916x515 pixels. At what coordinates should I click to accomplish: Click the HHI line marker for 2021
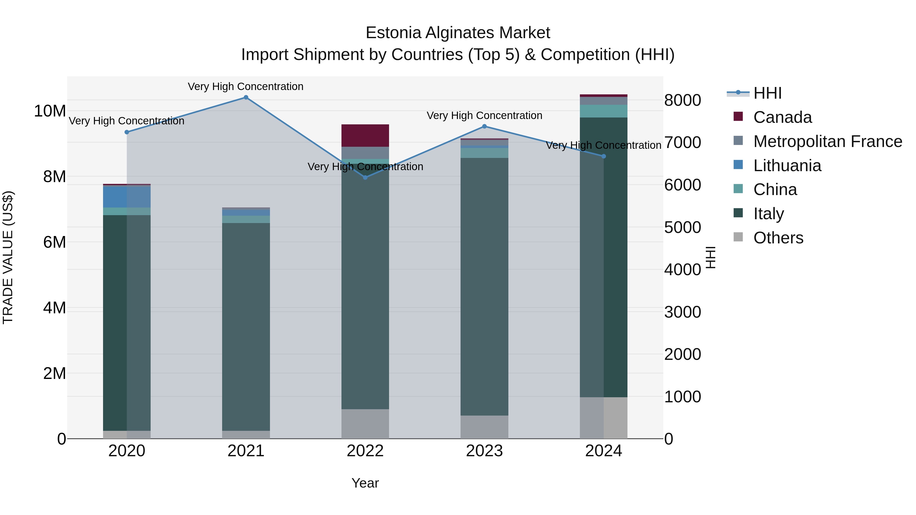[x=246, y=97]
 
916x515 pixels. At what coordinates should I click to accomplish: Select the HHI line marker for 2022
[x=365, y=177]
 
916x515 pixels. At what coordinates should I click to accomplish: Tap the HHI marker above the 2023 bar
[x=484, y=126]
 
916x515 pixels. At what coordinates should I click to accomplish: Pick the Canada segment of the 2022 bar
[x=365, y=135]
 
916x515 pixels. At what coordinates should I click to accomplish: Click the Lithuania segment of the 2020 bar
[x=127, y=197]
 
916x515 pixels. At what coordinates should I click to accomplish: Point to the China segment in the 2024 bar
[x=604, y=111]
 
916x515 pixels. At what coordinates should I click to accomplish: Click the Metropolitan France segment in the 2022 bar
[x=365, y=153]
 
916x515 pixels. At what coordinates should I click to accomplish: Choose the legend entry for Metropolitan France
[x=827, y=141]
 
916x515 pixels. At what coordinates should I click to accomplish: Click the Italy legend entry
[x=768, y=214]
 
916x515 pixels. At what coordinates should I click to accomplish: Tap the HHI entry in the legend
[x=767, y=93]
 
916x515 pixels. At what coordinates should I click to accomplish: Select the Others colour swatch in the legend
[x=738, y=237]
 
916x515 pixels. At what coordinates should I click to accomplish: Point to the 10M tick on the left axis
[x=50, y=111]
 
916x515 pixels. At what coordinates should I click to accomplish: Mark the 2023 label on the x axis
[x=484, y=451]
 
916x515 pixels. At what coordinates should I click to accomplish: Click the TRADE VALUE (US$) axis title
[x=8, y=257]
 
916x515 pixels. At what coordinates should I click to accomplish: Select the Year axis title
[x=365, y=483]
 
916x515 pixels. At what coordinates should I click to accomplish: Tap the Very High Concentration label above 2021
[x=246, y=86]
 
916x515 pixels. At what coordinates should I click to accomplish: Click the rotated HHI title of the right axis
[x=710, y=257]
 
